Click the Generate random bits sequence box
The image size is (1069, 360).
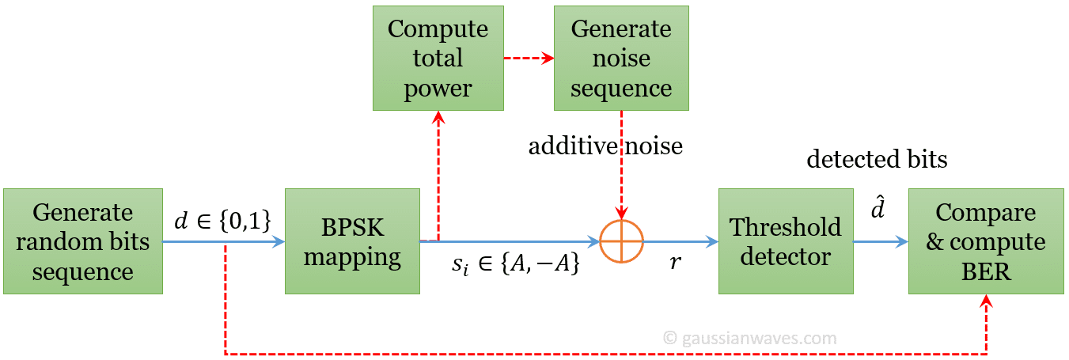click(83, 241)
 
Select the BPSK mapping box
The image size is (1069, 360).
click(352, 241)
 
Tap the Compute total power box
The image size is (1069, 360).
click(438, 58)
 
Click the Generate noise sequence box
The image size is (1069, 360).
click(621, 58)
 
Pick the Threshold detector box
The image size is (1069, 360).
click(786, 241)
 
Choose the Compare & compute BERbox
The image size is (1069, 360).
click(985, 241)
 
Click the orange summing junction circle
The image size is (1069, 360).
click(622, 241)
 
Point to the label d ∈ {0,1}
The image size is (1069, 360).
click(223, 222)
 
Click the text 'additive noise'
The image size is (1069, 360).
click(605, 146)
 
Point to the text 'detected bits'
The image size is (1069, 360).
click(877, 159)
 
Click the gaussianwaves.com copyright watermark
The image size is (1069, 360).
click(749, 338)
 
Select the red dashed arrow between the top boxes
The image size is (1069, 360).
click(529, 58)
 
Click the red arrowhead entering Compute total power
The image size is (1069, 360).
click(438, 118)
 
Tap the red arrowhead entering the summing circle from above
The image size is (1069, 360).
click(622, 213)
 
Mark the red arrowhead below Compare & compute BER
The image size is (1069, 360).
click(986, 302)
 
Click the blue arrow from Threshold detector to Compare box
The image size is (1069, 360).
click(880, 241)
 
